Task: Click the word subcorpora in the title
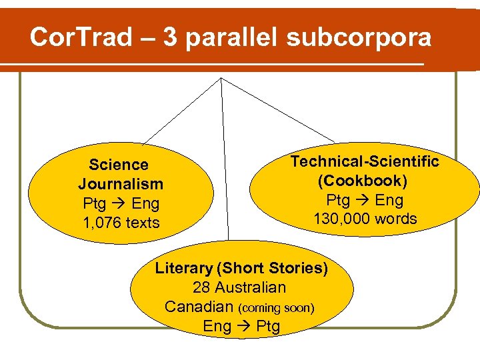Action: [x=359, y=38]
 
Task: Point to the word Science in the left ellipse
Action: [x=119, y=165]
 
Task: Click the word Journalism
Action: [x=121, y=184]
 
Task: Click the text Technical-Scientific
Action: [x=365, y=161]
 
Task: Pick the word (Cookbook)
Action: [x=363, y=181]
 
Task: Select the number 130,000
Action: [x=341, y=219]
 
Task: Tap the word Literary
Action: [x=183, y=269]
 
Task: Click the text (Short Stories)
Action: [x=273, y=269]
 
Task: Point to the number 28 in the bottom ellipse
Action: [x=201, y=288]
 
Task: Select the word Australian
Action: [x=249, y=288]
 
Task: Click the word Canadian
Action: [x=199, y=307]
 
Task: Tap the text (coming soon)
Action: [x=276, y=308]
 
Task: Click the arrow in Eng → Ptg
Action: [x=243, y=327]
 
